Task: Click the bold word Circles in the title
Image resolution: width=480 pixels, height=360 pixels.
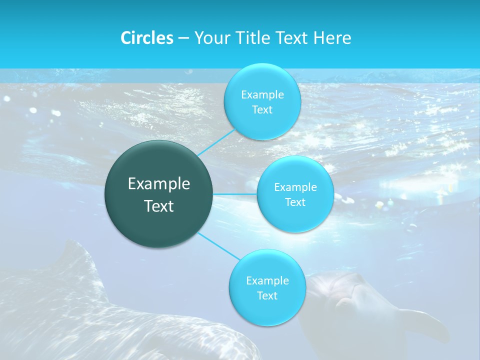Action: (x=146, y=38)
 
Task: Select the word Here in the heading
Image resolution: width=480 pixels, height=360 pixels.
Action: (x=332, y=38)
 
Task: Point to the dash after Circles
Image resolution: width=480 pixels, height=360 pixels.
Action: (x=183, y=38)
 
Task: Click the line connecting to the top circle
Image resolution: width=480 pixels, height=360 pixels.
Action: (x=216, y=142)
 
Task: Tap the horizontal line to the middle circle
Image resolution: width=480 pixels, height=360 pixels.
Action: (x=234, y=194)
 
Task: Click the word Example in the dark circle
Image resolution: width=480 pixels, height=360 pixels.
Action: (x=159, y=184)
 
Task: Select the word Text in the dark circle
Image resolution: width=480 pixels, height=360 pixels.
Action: (x=159, y=206)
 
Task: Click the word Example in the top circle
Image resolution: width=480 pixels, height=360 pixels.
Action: (x=262, y=95)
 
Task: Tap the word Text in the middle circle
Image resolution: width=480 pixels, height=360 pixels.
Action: (x=295, y=202)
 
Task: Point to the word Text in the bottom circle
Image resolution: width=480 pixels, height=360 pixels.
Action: (x=267, y=296)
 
